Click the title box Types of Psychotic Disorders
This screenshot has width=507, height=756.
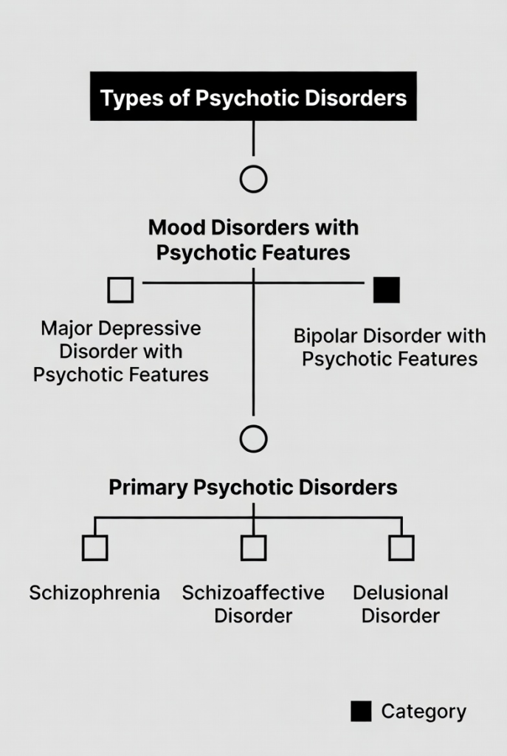pyautogui.click(x=253, y=97)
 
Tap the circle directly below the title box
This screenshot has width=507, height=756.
pyautogui.click(x=253, y=179)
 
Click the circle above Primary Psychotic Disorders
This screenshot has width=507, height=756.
pyautogui.click(x=253, y=439)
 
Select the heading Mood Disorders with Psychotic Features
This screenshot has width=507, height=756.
pyautogui.click(x=253, y=240)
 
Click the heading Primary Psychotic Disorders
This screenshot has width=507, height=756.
pyautogui.click(x=253, y=487)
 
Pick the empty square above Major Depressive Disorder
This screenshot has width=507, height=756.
pyautogui.click(x=120, y=289)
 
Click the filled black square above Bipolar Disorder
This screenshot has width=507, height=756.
pyautogui.click(x=387, y=289)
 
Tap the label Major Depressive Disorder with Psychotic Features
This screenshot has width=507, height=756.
pyautogui.click(x=120, y=351)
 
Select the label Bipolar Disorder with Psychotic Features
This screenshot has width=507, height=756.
pyautogui.click(x=390, y=347)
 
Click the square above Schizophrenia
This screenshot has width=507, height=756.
pyautogui.click(x=95, y=548)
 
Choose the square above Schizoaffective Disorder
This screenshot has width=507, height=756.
pyautogui.click(x=253, y=548)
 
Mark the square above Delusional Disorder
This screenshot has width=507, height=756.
pyautogui.click(x=401, y=548)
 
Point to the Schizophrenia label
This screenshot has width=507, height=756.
pyautogui.click(x=94, y=593)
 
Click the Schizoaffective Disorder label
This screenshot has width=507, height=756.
pyautogui.click(x=253, y=603)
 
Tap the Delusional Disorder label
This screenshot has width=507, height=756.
pyautogui.click(x=401, y=603)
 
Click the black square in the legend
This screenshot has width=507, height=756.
pyautogui.click(x=361, y=711)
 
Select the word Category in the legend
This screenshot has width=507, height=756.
pyautogui.click(x=424, y=712)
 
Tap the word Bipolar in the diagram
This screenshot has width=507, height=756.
pyautogui.click(x=323, y=336)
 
